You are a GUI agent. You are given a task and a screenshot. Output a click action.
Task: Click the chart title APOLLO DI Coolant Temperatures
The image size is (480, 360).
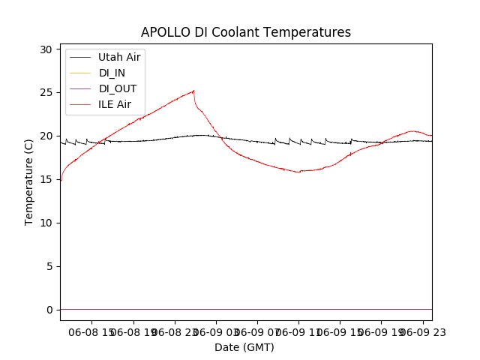[246, 32]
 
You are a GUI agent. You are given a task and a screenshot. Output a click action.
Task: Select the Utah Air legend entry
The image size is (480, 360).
[119, 57]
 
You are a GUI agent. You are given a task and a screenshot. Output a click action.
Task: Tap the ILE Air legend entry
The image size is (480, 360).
[115, 104]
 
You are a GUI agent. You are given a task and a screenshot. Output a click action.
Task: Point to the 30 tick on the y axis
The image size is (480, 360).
[46, 49]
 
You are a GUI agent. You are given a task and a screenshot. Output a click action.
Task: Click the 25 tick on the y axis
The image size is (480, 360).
[46, 93]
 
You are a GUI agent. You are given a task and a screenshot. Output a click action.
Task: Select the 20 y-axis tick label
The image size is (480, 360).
[46, 136]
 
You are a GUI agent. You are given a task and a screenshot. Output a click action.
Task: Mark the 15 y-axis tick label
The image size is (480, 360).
[46, 179]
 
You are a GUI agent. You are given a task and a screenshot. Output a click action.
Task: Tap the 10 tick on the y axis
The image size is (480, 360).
[46, 223]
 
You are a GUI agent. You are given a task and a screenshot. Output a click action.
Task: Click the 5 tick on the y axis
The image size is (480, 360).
[49, 266]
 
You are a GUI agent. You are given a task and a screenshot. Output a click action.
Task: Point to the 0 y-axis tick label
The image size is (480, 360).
[49, 310]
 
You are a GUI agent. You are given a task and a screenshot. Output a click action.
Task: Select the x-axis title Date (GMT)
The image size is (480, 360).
[244, 347]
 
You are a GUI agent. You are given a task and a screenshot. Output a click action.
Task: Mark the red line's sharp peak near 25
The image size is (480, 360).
[193, 91]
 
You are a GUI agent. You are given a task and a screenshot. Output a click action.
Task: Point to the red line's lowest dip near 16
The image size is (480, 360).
[299, 172]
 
